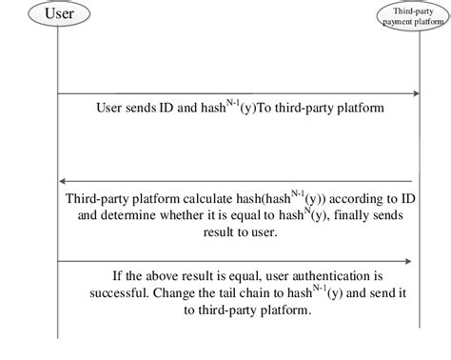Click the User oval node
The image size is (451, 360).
coord(57,13)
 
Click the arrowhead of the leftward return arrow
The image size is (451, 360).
coord(64,181)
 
